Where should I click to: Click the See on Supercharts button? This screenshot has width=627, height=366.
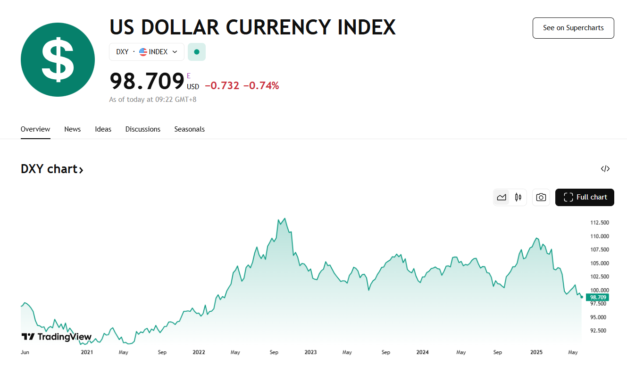coord(573,28)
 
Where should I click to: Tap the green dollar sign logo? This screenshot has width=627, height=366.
coord(58,60)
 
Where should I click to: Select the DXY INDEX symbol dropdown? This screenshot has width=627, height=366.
coord(146,52)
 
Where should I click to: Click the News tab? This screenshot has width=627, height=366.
coord(73,129)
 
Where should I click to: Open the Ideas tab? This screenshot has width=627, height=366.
coord(103,129)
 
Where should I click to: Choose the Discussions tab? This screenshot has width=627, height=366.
coord(143,129)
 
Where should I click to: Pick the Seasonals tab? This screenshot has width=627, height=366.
coord(190,129)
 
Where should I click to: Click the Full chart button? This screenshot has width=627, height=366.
coord(585,197)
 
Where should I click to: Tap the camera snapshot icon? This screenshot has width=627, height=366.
coord(541,197)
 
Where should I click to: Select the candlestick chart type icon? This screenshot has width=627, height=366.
coord(518,197)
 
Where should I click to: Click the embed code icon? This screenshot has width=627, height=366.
coord(605,169)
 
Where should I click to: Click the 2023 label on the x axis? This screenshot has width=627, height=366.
coord(310,352)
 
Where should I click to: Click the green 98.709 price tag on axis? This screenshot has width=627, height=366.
coord(598,297)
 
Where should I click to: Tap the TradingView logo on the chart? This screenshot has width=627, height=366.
coord(57,337)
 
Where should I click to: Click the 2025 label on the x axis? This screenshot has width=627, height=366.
coord(536,352)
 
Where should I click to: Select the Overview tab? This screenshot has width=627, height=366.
coord(35,129)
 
